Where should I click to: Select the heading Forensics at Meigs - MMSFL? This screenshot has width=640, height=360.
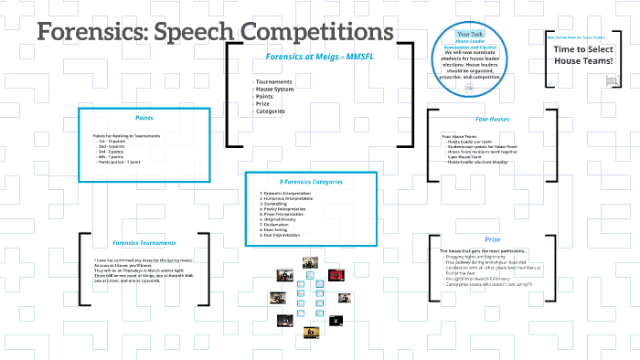pos(313,56)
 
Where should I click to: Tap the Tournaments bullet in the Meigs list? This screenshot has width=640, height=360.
pos(275,82)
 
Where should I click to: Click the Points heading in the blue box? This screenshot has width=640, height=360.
pos(144,118)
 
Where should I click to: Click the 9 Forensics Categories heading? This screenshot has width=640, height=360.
pos(311,182)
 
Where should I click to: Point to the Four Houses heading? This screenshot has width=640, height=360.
pos(493,119)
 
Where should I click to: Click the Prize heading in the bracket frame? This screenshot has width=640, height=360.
pos(493,238)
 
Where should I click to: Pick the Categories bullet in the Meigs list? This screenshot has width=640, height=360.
pos(272,111)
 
